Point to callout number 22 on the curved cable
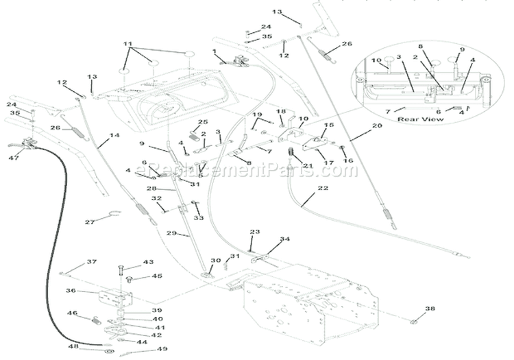pos(322,188)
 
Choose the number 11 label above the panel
pos(127,43)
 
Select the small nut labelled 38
pos(416,321)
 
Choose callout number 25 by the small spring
pos(202,123)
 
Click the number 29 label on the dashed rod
pos(183,233)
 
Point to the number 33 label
pos(199,218)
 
